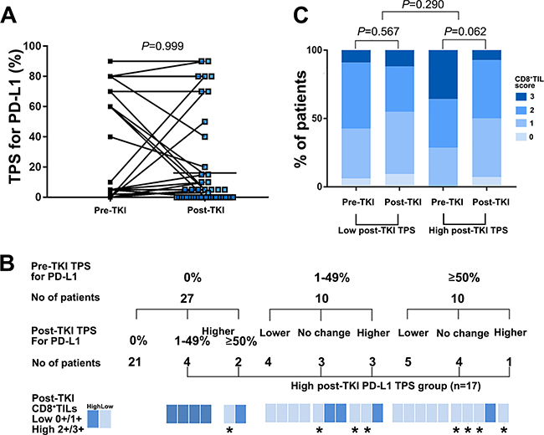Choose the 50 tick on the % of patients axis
(326, 118)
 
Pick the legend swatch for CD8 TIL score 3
(502, 120)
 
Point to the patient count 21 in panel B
(133, 362)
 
